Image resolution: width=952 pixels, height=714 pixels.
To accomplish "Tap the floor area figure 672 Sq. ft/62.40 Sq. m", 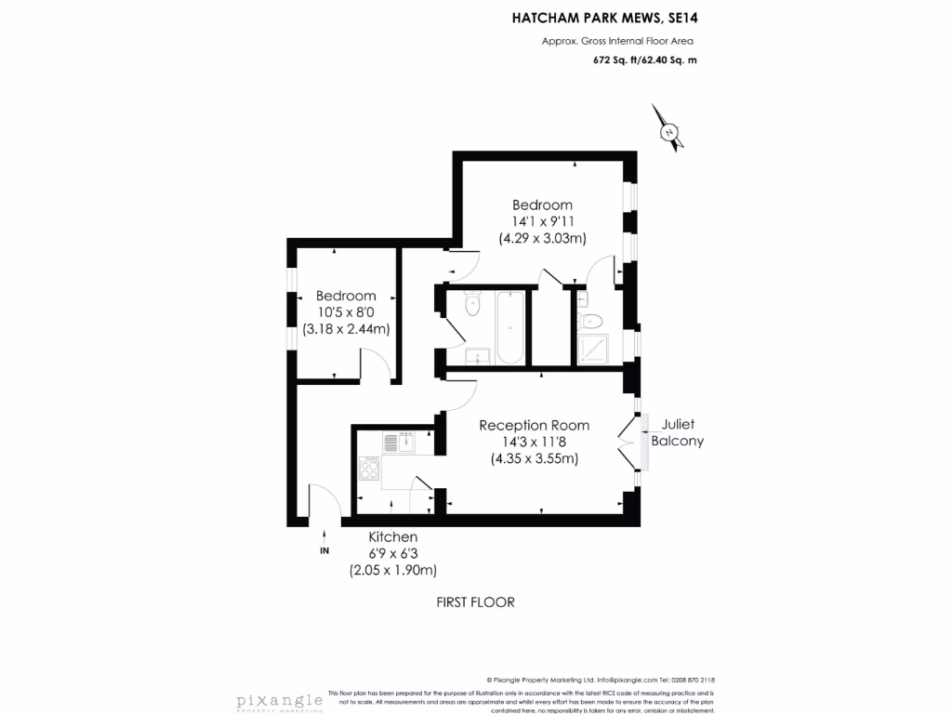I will [644, 59].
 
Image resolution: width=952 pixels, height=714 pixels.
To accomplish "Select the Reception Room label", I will [534, 425].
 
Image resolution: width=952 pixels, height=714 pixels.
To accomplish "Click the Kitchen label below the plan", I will [392, 537].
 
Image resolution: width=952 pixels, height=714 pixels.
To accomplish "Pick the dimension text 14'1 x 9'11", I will [542, 221].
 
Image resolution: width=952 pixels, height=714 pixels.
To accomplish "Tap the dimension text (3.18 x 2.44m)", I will [345, 329].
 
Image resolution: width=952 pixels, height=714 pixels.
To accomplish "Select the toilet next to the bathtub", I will [471, 302].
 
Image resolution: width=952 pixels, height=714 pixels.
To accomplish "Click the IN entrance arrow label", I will [324, 551].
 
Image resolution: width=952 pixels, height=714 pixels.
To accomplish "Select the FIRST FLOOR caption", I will [475, 602].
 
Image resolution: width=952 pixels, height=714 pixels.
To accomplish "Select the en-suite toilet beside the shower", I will [590, 322].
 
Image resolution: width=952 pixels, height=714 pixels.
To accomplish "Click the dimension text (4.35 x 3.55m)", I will [534, 458].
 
